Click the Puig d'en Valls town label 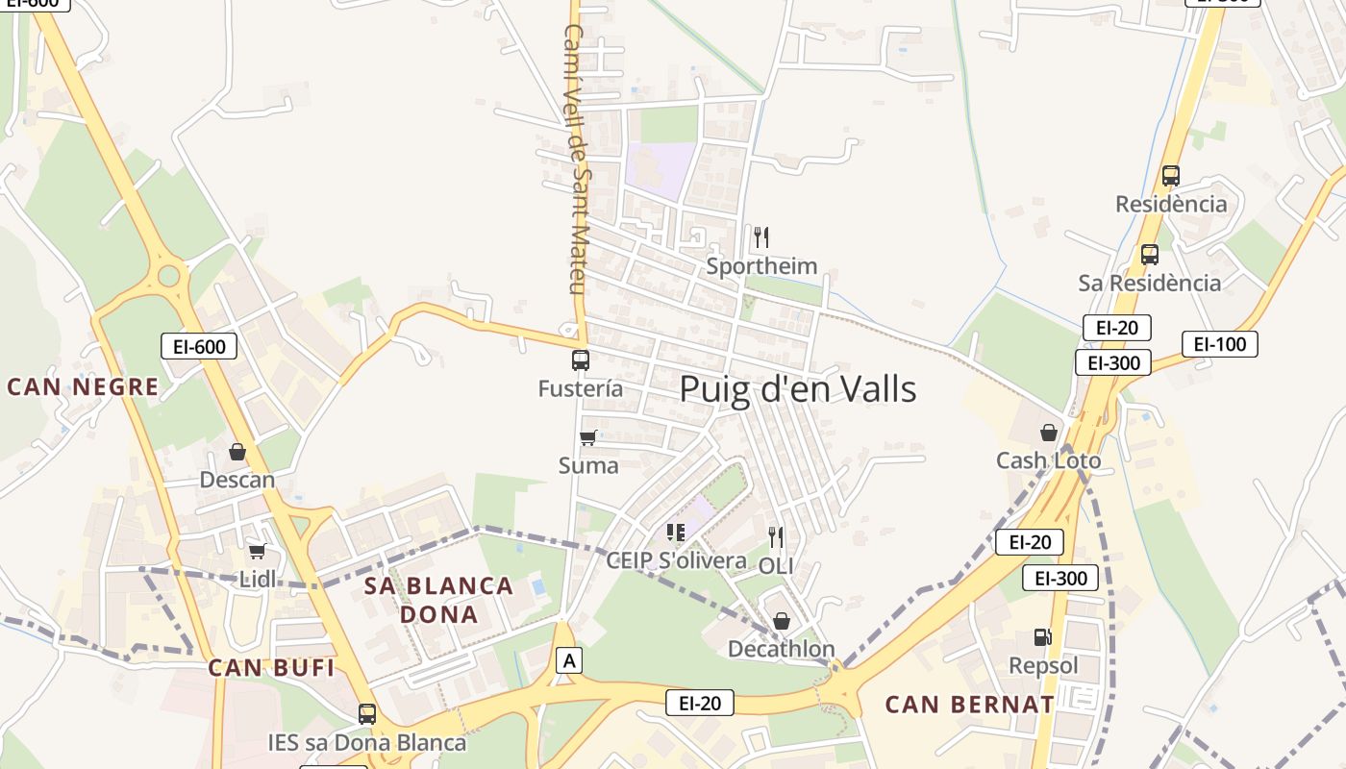coord(798,389)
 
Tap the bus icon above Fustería coord(581,360)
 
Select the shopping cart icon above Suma coord(588,437)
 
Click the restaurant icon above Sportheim coord(761,236)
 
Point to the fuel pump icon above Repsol coord(1042,636)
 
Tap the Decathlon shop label coord(781,649)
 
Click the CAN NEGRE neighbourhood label coord(83,387)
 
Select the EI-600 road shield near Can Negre coord(198,346)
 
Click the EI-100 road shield coord(1219,344)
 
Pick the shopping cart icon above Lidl coord(257,551)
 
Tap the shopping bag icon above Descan coord(237,451)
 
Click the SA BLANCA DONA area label coord(438,600)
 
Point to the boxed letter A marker coord(570,660)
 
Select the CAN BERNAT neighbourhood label coord(969,704)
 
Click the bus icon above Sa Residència coord(1149,255)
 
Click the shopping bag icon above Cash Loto coord(1049,433)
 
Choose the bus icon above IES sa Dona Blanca coord(367,714)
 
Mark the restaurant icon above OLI coord(776,537)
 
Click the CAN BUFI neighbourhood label coord(271,667)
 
